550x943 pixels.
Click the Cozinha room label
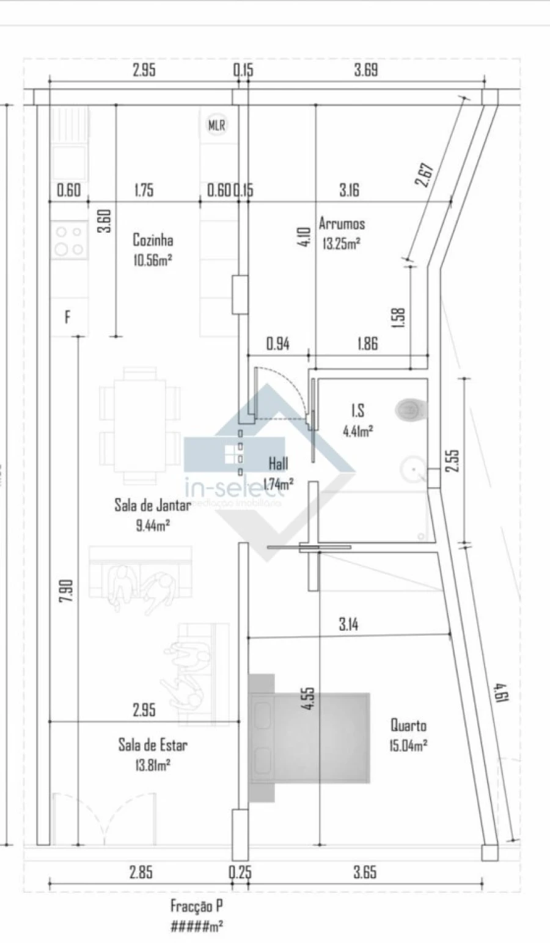click(153, 240)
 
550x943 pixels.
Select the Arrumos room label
click(342, 224)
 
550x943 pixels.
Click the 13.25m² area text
click(341, 243)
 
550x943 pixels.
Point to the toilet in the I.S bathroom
click(410, 410)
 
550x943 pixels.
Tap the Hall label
click(279, 463)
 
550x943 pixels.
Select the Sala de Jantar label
click(153, 505)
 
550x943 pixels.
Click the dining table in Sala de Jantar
click(140, 425)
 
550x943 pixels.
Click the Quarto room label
click(409, 725)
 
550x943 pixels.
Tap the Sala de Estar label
click(153, 745)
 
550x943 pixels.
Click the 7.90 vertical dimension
click(67, 590)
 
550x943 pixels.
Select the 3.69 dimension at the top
click(365, 70)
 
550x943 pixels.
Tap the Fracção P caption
click(192, 906)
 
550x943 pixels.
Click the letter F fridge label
click(67, 317)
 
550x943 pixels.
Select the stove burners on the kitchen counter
click(68, 240)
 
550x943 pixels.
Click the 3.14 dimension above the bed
click(348, 625)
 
